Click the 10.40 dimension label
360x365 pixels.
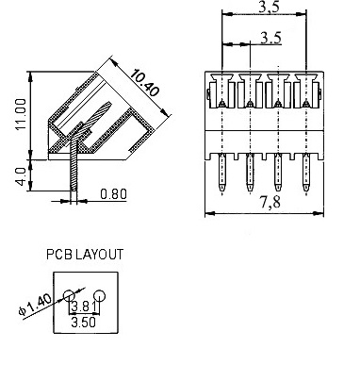tap(145, 82)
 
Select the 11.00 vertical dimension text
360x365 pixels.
tap(22, 114)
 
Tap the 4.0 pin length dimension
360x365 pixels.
tap(22, 176)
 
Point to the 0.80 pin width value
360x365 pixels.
tap(113, 194)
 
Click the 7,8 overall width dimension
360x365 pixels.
tap(270, 202)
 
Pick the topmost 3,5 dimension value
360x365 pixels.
tap(269, 7)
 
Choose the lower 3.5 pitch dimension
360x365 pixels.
tap(271, 38)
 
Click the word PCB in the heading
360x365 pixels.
tap(60, 255)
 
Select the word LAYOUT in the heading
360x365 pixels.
tap(100, 255)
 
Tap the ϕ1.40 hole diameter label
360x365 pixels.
tap(35, 305)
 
